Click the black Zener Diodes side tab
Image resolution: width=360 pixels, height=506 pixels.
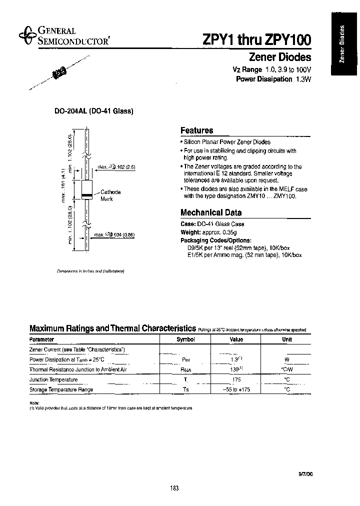(344, 44)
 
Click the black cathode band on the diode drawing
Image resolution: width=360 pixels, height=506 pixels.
(86, 194)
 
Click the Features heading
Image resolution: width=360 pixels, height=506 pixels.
(196, 130)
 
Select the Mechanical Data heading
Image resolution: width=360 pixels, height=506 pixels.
(210, 212)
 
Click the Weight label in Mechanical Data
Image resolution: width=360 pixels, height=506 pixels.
(189, 232)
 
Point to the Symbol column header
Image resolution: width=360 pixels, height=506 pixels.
(185, 339)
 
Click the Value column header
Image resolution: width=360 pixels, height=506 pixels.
(236, 339)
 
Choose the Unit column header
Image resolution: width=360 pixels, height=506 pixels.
(287, 339)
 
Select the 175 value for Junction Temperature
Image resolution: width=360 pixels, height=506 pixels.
(236, 379)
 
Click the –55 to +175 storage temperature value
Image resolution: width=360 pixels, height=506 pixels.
(236, 389)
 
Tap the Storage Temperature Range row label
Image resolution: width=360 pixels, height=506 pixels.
(61, 389)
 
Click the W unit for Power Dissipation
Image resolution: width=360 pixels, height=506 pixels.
(287, 359)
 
